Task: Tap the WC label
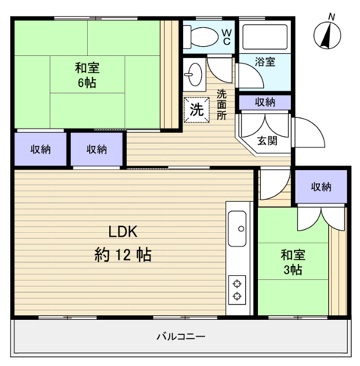click(226, 37)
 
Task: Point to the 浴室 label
click(265, 62)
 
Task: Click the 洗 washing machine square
click(197, 110)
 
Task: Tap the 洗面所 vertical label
click(221, 105)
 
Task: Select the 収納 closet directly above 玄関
click(265, 102)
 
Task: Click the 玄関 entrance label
click(267, 140)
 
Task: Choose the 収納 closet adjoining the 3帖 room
click(321, 187)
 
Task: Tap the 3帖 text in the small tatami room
click(293, 270)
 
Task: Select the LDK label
click(123, 232)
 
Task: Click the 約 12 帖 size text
click(123, 255)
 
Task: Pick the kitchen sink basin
click(238, 229)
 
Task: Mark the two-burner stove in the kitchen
click(237, 290)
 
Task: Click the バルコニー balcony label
click(181, 337)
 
